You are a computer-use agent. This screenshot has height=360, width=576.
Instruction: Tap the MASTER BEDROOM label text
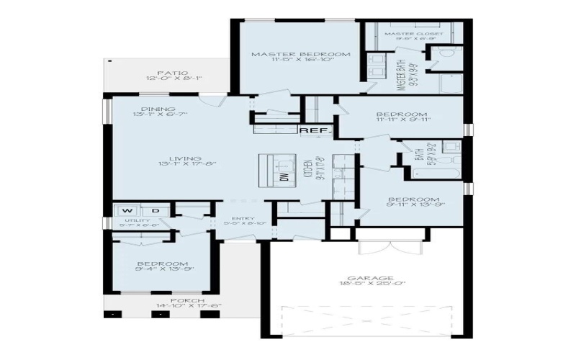[300, 55]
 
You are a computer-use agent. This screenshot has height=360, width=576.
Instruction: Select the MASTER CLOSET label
[409, 34]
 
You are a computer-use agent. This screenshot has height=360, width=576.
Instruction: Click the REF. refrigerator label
[314, 130]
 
